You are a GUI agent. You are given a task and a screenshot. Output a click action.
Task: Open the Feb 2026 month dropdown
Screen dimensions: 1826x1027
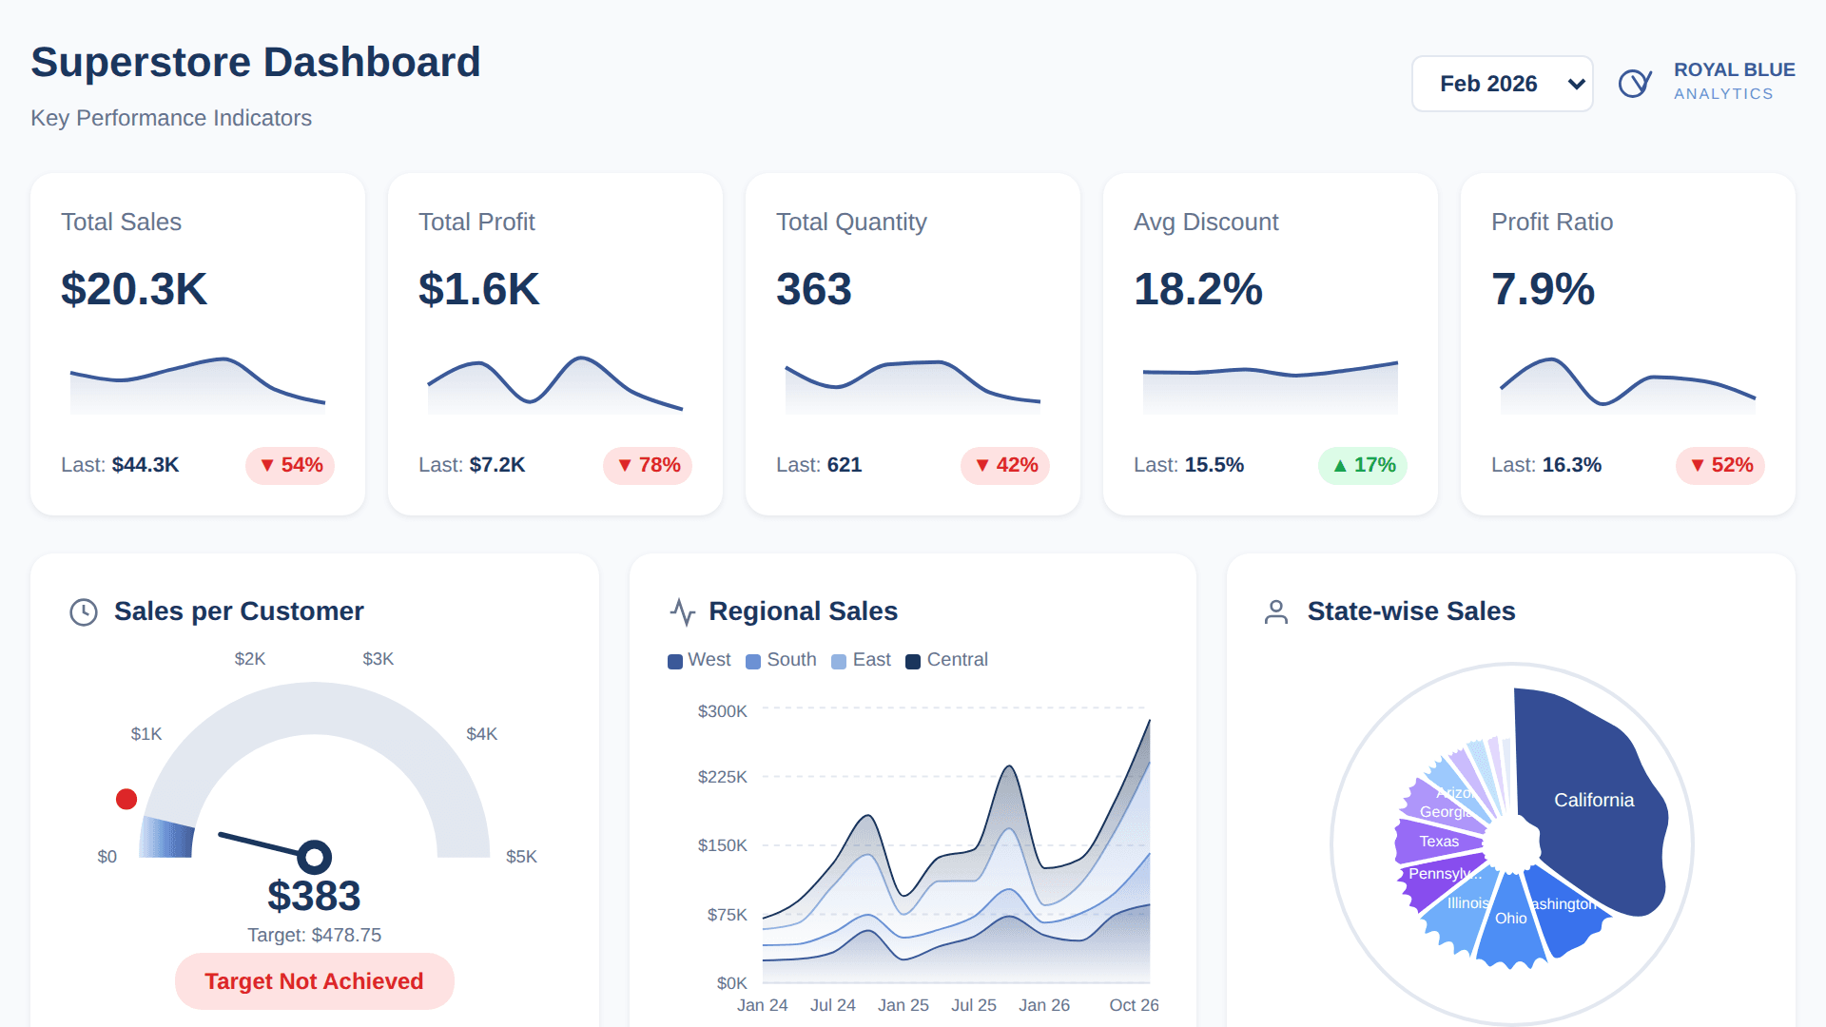(1502, 84)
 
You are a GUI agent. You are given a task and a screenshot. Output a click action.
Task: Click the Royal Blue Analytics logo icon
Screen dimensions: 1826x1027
(1635, 83)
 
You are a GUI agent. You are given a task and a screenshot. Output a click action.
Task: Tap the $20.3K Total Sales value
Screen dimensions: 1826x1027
(134, 289)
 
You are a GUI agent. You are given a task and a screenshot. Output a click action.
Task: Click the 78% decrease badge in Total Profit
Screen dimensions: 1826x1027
(649, 465)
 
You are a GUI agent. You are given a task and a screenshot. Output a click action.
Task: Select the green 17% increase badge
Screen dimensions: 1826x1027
(1363, 465)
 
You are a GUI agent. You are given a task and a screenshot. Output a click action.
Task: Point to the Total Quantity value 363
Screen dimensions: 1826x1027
(814, 289)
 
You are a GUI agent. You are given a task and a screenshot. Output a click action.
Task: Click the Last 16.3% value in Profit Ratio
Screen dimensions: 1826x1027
(1571, 465)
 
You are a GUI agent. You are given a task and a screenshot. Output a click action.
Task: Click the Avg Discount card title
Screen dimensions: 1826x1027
(1206, 222)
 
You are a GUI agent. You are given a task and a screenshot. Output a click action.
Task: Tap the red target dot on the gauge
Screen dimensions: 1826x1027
(126, 799)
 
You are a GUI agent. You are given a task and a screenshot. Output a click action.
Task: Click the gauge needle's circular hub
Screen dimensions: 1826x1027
(314, 857)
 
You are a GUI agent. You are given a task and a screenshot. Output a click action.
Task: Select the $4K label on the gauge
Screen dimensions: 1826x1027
(481, 734)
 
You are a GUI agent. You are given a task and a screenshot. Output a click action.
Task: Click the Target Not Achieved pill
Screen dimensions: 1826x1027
(314, 981)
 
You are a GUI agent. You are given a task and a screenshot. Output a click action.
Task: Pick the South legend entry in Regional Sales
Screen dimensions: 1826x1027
(782, 660)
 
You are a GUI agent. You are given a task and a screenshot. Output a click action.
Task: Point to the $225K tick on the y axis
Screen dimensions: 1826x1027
(723, 777)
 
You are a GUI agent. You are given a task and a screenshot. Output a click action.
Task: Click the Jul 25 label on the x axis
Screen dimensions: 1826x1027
(974, 1005)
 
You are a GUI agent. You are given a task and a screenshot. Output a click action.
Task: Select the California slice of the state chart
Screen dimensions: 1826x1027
(1594, 800)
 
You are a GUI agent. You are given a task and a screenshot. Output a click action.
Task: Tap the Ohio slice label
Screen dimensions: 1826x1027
(1510, 918)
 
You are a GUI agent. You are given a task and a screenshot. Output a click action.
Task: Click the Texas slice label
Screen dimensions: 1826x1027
(1439, 841)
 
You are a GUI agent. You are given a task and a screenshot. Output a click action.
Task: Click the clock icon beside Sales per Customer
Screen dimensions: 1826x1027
(84, 611)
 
